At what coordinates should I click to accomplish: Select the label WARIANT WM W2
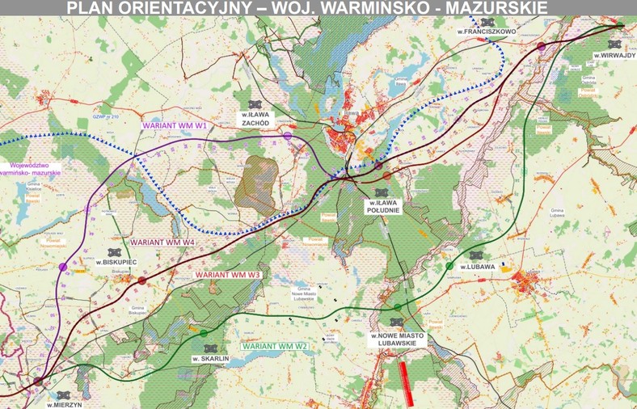276,346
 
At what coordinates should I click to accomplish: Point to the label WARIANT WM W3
228,275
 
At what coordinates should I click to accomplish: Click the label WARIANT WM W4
165,242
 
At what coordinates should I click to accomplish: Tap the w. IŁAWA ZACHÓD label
255,120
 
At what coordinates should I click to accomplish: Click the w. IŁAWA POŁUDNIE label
381,205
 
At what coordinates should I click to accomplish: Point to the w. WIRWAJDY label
614,56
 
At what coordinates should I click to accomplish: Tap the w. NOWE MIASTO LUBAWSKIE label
397,339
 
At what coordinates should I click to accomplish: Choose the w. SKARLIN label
211,357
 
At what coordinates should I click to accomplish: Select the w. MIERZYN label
64,403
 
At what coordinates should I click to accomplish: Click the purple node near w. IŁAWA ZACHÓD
288,137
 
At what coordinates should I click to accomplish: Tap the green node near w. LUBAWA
449,266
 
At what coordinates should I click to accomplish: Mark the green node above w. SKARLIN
203,333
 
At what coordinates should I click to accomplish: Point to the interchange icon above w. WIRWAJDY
614,44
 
